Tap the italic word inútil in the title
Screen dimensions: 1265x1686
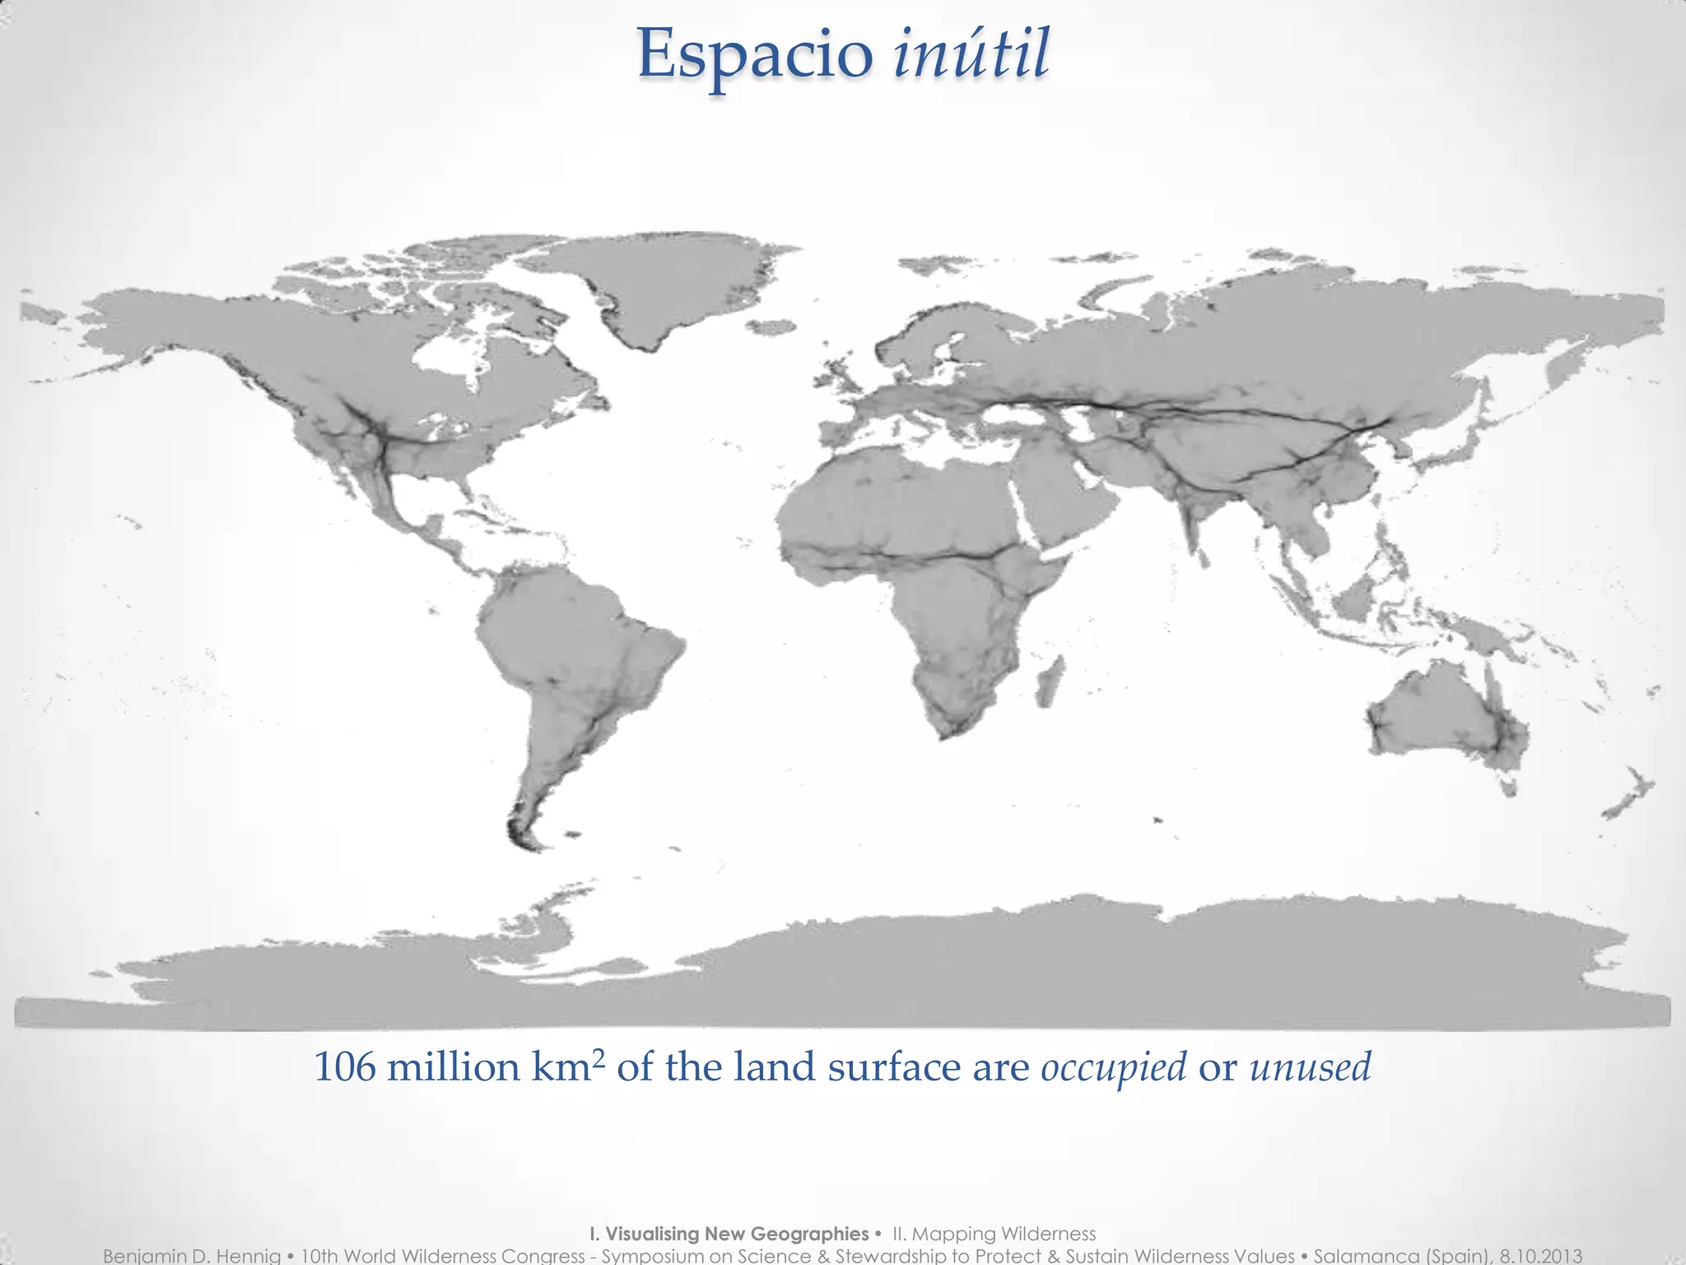click(971, 54)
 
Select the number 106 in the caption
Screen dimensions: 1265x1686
click(345, 1068)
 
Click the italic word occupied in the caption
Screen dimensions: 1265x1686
click(1114, 1068)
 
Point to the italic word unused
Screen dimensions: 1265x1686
click(1310, 1067)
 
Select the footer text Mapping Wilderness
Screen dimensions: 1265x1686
click(1004, 1234)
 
